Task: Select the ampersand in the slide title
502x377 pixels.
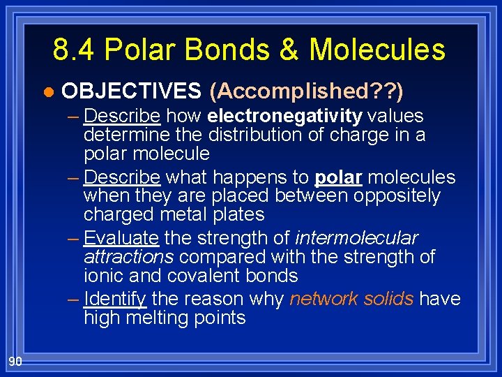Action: pos(288,50)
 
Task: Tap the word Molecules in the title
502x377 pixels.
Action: pos(376,50)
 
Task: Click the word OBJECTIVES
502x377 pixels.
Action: pos(131,91)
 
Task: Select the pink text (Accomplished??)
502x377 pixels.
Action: pos(307,91)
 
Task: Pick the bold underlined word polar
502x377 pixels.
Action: pos(338,177)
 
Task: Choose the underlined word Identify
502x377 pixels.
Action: pos(114,300)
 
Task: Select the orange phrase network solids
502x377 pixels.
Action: pos(351,300)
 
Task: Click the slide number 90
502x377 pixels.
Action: pos(15,360)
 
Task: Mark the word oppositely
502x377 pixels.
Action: pos(397,196)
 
